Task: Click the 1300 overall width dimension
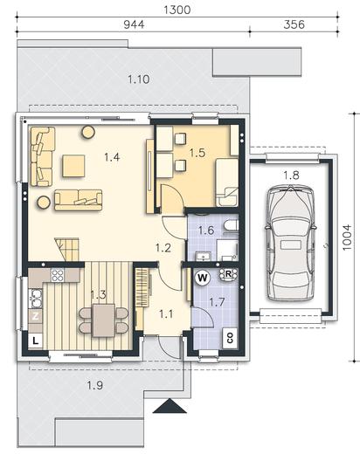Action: tap(177, 10)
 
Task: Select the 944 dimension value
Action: tap(134, 24)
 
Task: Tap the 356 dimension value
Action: tap(294, 24)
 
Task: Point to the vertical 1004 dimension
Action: tap(347, 237)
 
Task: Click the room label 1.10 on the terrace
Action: tap(139, 79)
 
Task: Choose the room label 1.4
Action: tap(112, 157)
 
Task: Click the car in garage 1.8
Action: tap(290, 243)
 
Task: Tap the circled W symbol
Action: tap(203, 278)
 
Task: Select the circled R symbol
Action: tap(228, 274)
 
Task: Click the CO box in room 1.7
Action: tap(230, 338)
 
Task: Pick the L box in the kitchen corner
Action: tap(35, 340)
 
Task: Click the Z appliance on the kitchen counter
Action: tap(35, 316)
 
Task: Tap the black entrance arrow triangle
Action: tap(170, 406)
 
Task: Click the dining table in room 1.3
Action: tap(103, 320)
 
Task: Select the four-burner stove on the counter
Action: tap(58, 275)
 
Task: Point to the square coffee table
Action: tap(73, 166)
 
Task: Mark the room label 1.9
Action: tap(95, 386)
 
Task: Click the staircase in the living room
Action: tap(67, 250)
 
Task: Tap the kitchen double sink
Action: tap(36, 298)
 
